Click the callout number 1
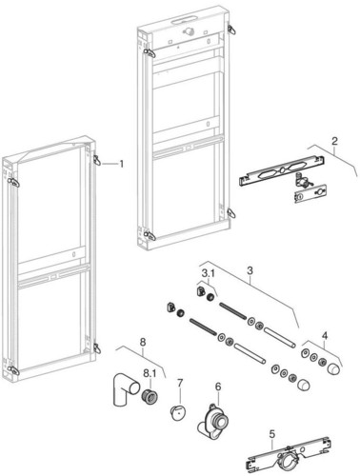[x=121, y=164]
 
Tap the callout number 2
[x=334, y=141]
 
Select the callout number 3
[x=250, y=270]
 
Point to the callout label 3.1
[x=208, y=272]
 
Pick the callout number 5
[x=218, y=387]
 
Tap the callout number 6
[x=180, y=383]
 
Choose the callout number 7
[x=143, y=342]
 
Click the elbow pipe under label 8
[x=125, y=391]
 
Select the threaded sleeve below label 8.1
[x=150, y=395]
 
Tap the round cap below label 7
[x=178, y=412]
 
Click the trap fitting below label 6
[x=213, y=421]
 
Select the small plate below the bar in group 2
[x=310, y=193]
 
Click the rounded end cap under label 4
[x=333, y=369]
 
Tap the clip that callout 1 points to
[x=97, y=160]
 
